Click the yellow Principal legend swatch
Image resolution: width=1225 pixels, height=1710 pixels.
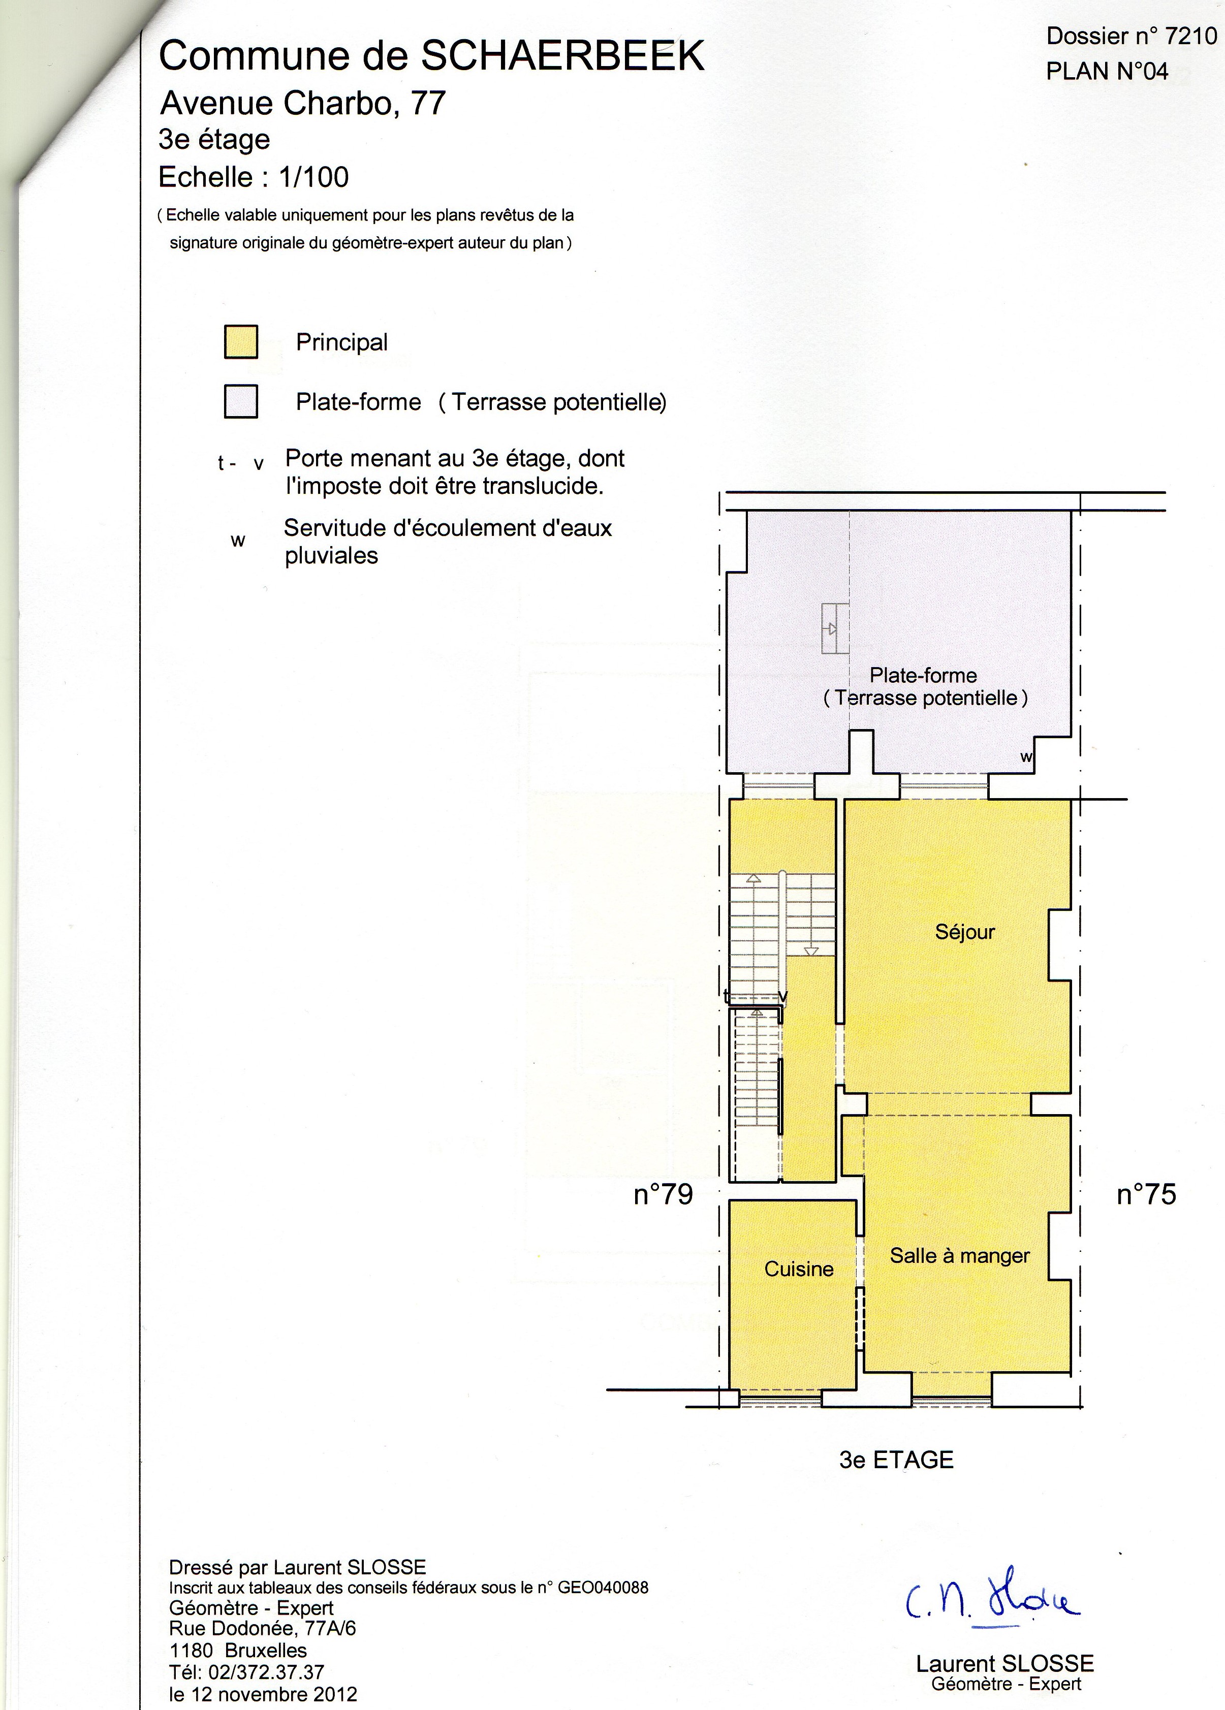241,341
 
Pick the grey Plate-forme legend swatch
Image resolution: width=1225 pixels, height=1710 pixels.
241,401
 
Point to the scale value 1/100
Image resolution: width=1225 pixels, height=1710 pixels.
313,177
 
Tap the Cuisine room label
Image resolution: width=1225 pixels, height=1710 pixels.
799,1269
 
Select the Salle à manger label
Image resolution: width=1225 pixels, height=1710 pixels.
960,1255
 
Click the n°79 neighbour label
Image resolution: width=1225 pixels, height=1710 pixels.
664,1194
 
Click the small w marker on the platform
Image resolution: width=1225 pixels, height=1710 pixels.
1026,756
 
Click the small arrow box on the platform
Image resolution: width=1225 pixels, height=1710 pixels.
835,628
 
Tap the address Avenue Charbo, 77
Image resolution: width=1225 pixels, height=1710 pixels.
304,103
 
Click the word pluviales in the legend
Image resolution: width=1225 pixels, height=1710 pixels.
331,556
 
